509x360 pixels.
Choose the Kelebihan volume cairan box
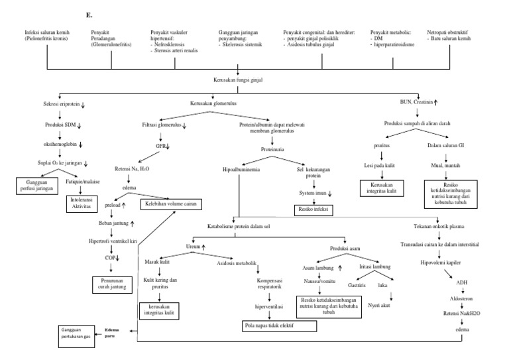click(168, 204)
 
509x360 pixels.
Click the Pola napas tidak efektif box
click(268, 326)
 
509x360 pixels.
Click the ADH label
click(460, 282)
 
